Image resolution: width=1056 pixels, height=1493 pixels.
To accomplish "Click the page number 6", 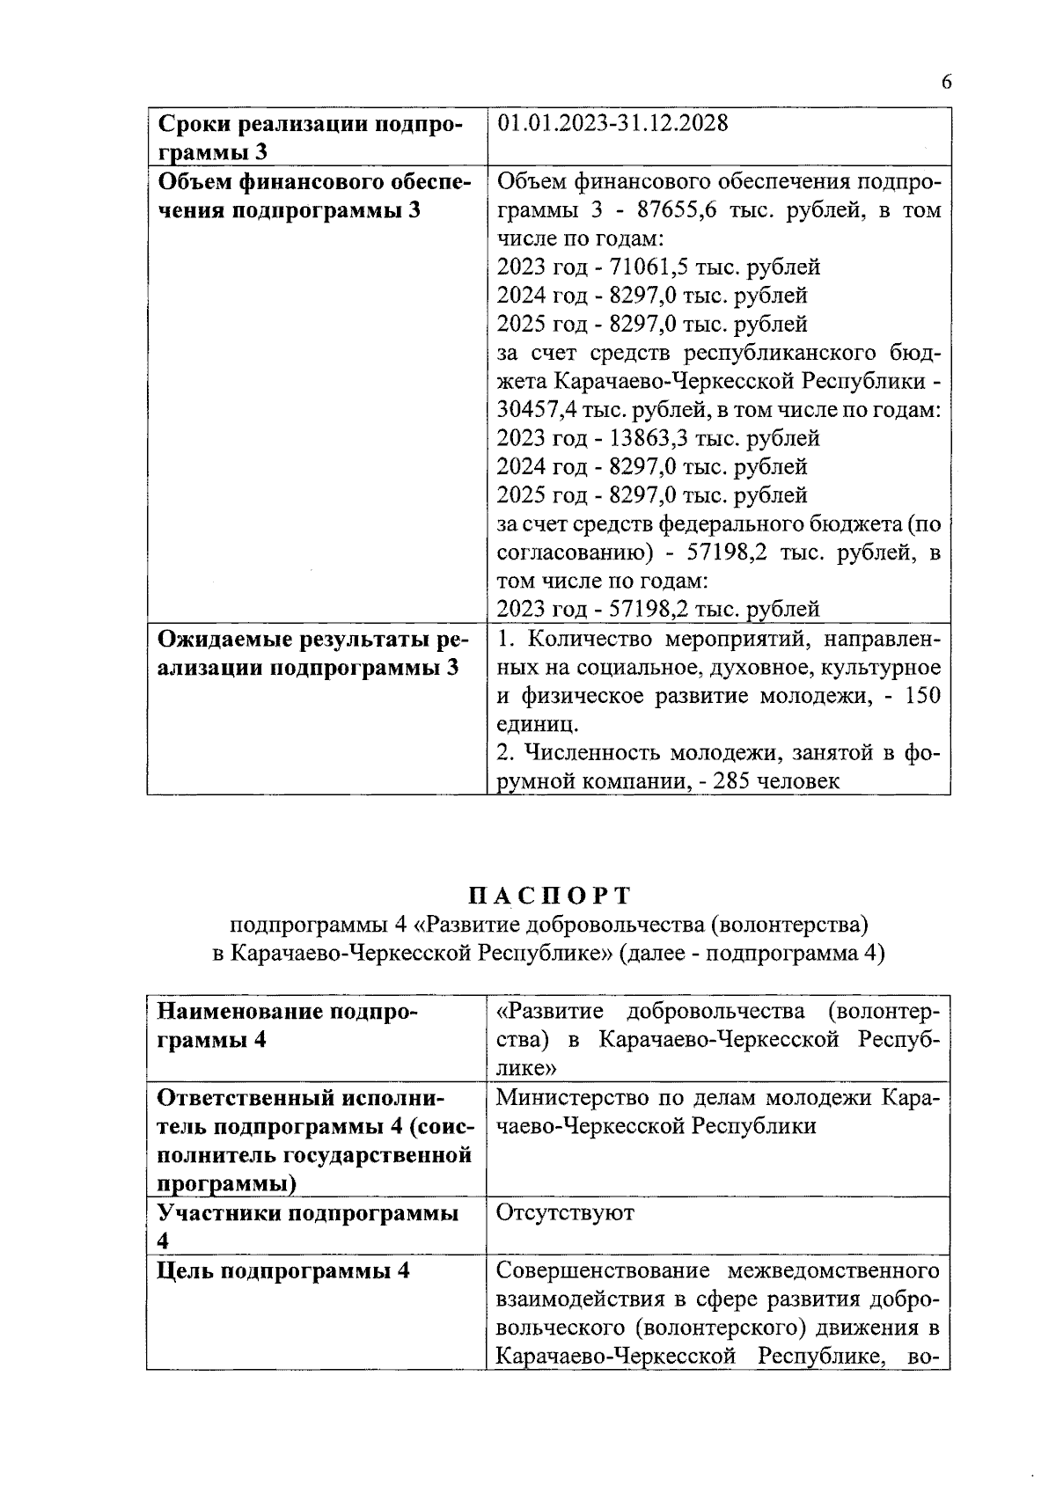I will tap(946, 83).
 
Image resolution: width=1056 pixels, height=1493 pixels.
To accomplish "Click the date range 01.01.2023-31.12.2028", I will tap(612, 123).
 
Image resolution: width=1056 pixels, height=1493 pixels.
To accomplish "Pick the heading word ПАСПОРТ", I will tap(549, 896).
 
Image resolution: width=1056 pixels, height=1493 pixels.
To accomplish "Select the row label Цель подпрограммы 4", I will tap(283, 1271).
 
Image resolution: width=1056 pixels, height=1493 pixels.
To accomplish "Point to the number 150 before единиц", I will tap(922, 696).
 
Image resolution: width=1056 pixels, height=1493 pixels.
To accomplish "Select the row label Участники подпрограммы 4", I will tap(308, 1226).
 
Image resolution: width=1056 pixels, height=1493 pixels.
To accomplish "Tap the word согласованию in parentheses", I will tap(563, 553).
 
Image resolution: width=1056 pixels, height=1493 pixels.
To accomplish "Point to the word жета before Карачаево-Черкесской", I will tap(522, 382).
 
